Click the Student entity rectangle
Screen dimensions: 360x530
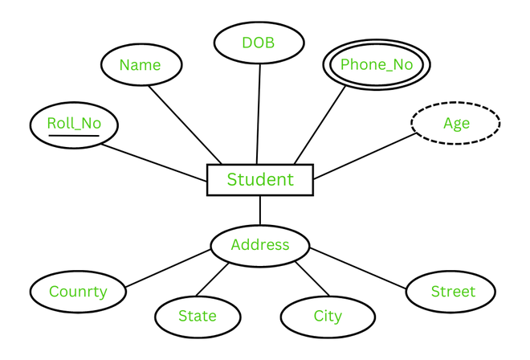click(x=260, y=179)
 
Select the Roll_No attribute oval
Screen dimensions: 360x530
click(x=72, y=125)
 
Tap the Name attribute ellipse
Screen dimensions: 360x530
click(x=140, y=65)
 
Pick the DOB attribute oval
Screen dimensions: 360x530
click(x=259, y=43)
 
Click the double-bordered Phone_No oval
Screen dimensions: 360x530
click(x=377, y=65)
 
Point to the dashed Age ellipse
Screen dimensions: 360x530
click(x=455, y=124)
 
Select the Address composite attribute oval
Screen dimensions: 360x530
click(x=259, y=244)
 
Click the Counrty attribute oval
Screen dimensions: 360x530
click(x=78, y=291)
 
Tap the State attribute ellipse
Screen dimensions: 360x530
click(x=198, y=316)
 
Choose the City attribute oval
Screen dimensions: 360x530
click(x=327, y=316)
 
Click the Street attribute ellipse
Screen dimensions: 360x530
click(x=453, y=292)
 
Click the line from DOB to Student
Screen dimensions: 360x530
click(x=258, y=112)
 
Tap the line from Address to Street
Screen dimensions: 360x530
click(x=357, y=268)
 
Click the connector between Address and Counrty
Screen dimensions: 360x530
click(x=167, y=268)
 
